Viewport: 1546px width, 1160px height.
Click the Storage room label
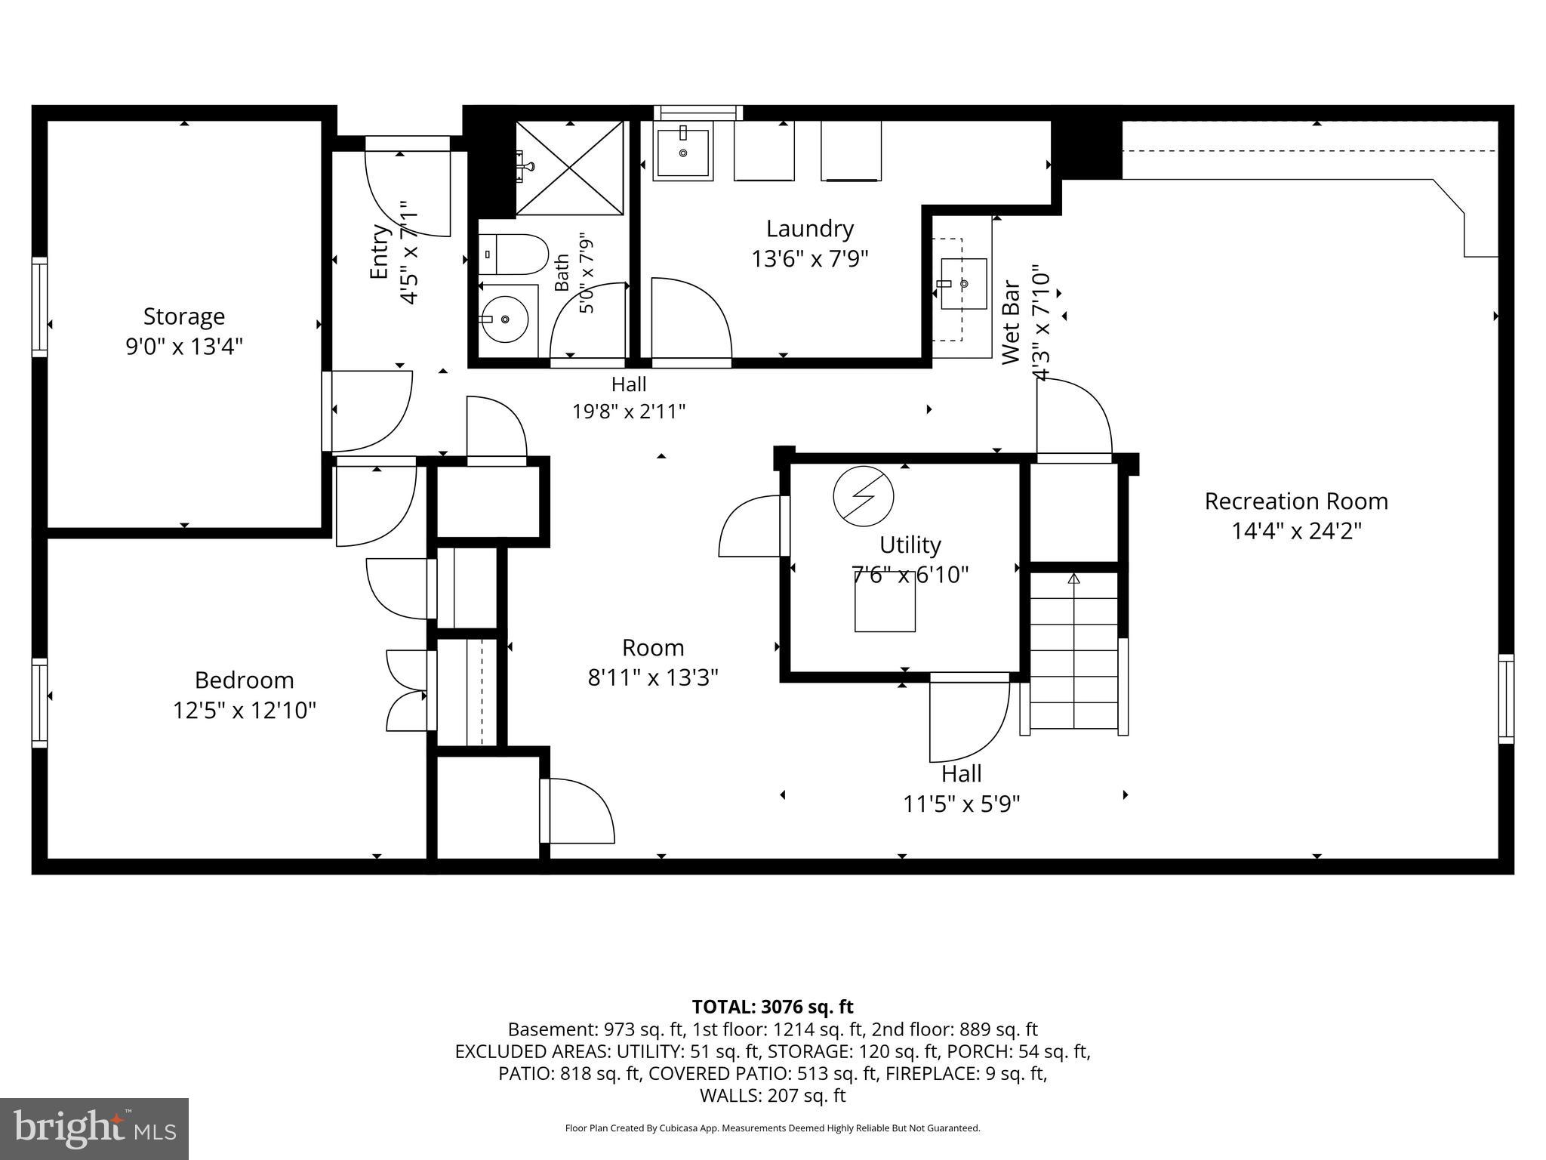point(184,316)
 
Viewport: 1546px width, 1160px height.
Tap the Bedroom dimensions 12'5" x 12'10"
point(245,711)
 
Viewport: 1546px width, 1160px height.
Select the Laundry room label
point(810,228)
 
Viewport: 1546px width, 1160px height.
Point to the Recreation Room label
point(1296,501)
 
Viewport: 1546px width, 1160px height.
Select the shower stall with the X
point(570,168)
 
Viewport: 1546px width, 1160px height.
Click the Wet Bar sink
point(963,283)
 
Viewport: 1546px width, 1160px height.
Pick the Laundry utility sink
point(683,152)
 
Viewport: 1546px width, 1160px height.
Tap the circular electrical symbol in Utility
point(863,496)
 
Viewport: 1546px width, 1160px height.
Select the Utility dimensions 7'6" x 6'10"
point(910,575)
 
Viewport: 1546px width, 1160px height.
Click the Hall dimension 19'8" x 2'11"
point(629,412)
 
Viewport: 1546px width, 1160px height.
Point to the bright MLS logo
point(94,1128)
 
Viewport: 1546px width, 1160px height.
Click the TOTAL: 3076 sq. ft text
point(772,1007)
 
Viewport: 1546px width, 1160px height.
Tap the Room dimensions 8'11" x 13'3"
point(653,677)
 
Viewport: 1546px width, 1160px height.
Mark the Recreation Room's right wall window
point(1506,699)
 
